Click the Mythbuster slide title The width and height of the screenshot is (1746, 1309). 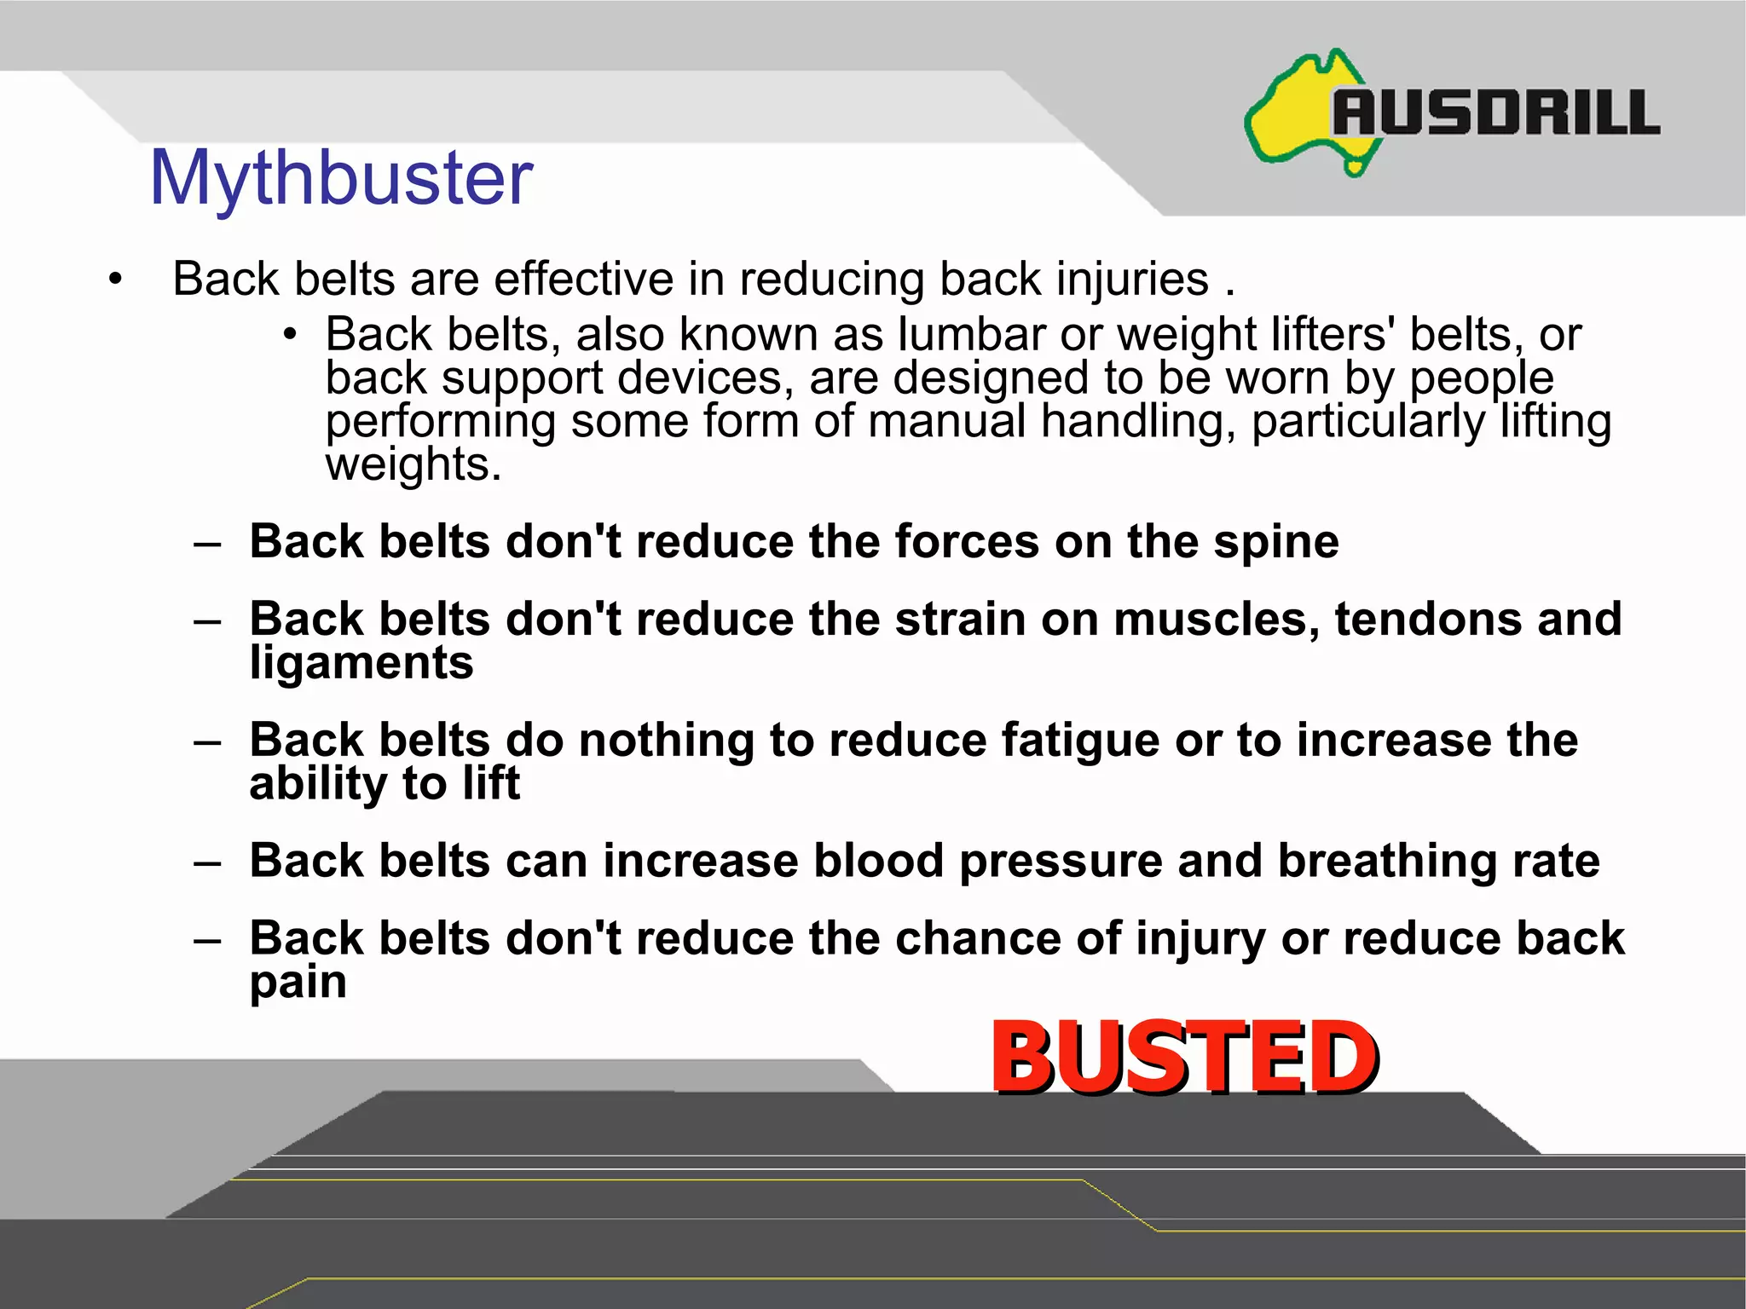tap(341, 178)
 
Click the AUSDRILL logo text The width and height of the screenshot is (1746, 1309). tap(1495, 114)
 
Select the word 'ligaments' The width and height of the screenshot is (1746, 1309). tap(361, 663)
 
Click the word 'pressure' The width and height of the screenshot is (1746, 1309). tap(1061, 861)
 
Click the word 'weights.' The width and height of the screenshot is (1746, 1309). tap(413, 465)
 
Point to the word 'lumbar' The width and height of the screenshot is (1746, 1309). tap(971, 334)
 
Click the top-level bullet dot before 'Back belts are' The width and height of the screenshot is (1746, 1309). tap(116, 279)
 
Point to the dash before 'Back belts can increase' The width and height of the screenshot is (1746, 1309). tap(207, 862)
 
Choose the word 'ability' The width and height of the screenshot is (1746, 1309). tap(318, 783)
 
